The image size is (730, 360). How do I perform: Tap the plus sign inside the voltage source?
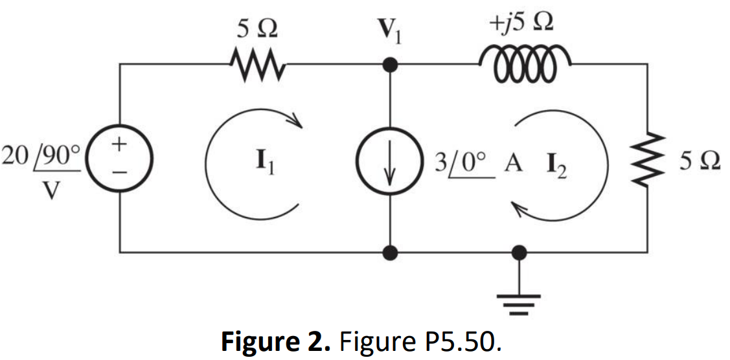click(x=120, y=144)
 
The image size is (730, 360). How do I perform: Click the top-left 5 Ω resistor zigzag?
click(x=255, y=65)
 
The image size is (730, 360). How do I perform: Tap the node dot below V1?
click(x=390, y=65)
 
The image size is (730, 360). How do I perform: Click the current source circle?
click(x=390, y=157)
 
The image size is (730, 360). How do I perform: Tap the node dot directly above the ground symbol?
click(x=519, y=251)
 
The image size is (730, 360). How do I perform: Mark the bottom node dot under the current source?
click(x=390, y=251)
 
